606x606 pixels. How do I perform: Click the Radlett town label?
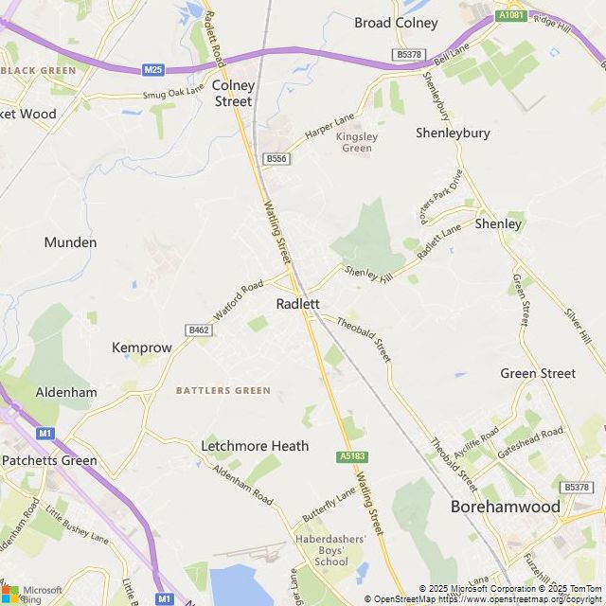(296, 304)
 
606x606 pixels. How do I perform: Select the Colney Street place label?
(233, 93)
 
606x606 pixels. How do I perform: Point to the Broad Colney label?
(396, 23)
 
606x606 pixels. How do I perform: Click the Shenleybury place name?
(453, 133)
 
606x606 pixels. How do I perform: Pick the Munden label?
(70, 242)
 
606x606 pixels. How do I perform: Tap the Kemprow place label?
(142, 348)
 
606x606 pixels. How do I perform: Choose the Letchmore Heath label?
(255, 445)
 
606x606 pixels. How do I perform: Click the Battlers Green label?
(223, 390)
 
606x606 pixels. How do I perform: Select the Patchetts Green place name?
(49, 461)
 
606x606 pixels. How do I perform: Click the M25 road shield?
(154, 70)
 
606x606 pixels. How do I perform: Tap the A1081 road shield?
(510, 16)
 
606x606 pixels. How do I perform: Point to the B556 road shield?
(276, 158)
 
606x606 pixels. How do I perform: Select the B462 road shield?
(199, 330)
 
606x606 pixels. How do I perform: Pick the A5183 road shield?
(351, 456)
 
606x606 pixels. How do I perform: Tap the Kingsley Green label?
(357, 142)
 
